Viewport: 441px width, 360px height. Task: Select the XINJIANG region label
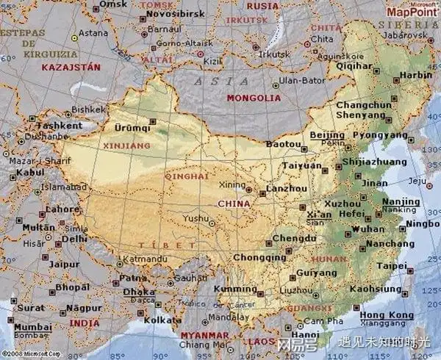click(x=124, y=146)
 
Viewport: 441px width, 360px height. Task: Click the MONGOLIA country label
click(x=254, y=98)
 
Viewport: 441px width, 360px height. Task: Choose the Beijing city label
click(x=327, y=136)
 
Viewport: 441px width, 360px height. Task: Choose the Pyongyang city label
click(x=379, y=136)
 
